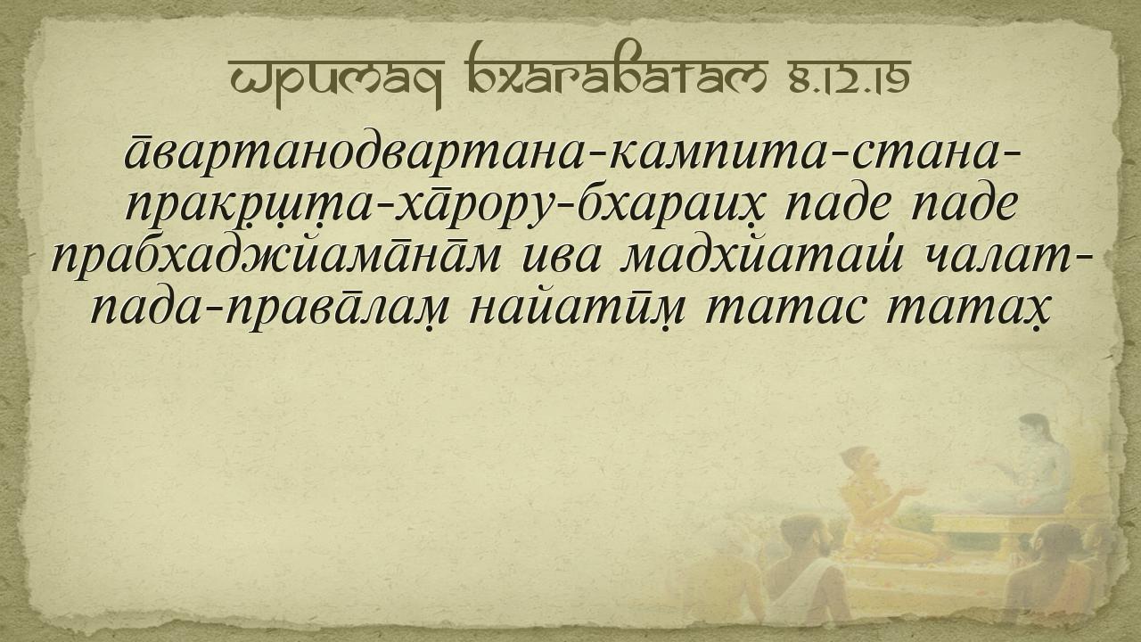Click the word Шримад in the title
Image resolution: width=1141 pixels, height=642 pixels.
[337, 77]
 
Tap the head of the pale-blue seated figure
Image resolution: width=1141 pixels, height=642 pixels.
[1034, 431]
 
